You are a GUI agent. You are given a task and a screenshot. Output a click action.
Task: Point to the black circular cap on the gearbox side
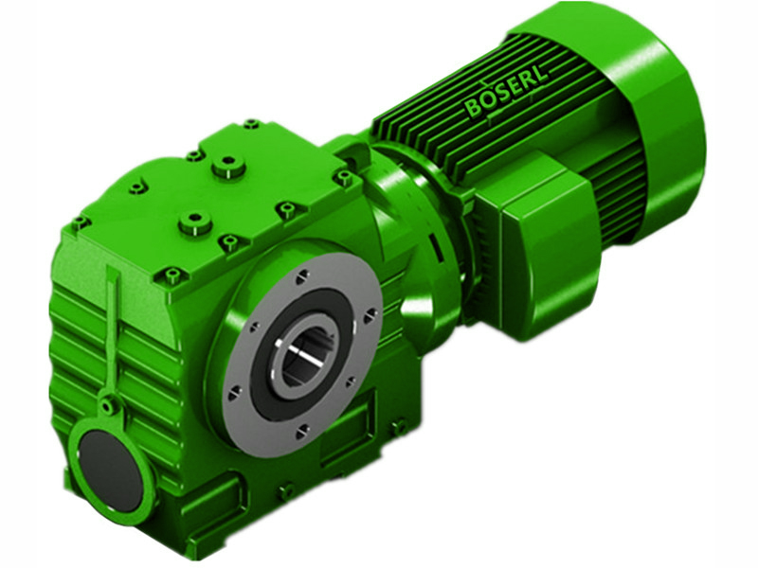click(110, 461)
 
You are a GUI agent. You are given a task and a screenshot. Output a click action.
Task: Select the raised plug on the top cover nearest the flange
click(195, 222)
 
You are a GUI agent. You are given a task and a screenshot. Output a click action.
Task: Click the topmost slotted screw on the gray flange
click(300, 275)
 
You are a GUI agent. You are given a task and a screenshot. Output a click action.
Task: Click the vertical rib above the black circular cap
click(113, 331)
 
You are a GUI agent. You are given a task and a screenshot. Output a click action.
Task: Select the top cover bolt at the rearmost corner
click(250, 124)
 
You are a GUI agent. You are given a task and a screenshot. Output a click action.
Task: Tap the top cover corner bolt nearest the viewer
click(171, 276)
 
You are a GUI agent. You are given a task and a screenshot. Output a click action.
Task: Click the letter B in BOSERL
click(474, 110)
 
